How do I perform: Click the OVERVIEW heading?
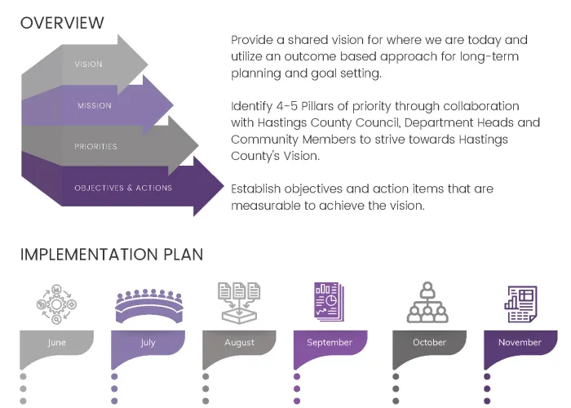click(63, 23)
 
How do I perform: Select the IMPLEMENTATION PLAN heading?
click(112, 255)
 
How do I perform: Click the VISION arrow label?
click(88, 64)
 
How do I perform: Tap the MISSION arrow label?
click(95, 105)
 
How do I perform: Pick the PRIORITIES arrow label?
click(95, 147)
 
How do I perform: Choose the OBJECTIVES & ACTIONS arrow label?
click(123, 188)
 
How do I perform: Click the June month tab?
click(56, 343)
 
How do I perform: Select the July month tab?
click(148, 343)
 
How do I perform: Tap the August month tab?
click(239, 343)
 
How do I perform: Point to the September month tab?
click(330, 343)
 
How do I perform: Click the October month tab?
click(429, 343)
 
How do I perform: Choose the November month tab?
click(520, 343)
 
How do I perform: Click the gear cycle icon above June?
click(56, 304)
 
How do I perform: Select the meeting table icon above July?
click(148, 304)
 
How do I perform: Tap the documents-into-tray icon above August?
click(239, 302)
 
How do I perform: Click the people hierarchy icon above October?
click(429, 303)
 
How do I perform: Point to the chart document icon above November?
click(520, 303)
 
